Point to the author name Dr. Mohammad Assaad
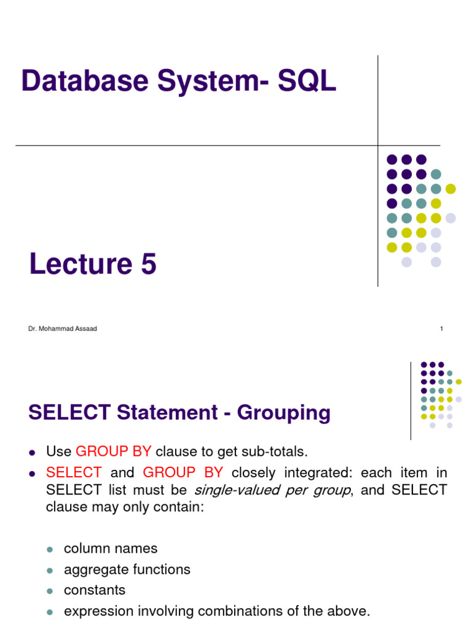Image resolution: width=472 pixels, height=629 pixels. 62,329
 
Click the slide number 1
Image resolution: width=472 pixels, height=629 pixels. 441,329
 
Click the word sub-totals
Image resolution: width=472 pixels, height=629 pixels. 274,452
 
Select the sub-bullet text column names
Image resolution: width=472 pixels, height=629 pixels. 111,549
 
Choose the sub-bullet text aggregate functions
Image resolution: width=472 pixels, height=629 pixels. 127,569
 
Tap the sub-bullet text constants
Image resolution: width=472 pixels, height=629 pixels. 95,590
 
